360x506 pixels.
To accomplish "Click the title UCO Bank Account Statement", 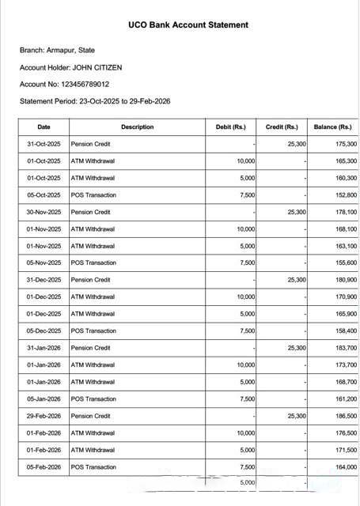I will [188, 25].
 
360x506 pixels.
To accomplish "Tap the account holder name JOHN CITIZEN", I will [97, 67].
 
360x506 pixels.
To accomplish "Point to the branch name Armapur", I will [72, 51].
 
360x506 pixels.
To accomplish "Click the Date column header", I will [44, 126].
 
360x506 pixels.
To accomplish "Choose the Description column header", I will [137, 126].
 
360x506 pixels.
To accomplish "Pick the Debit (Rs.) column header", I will [230, 126].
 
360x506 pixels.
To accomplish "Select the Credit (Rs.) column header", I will [282, 126].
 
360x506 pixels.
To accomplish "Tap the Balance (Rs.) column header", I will [333, 126].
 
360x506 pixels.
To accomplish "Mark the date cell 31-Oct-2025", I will [44, 144].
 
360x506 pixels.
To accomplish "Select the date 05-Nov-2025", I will [44, 262].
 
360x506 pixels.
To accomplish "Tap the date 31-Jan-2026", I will [44, 348].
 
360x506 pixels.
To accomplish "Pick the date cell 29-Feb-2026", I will [44, 416].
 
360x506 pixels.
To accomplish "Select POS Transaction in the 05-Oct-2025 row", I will [93, 194].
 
